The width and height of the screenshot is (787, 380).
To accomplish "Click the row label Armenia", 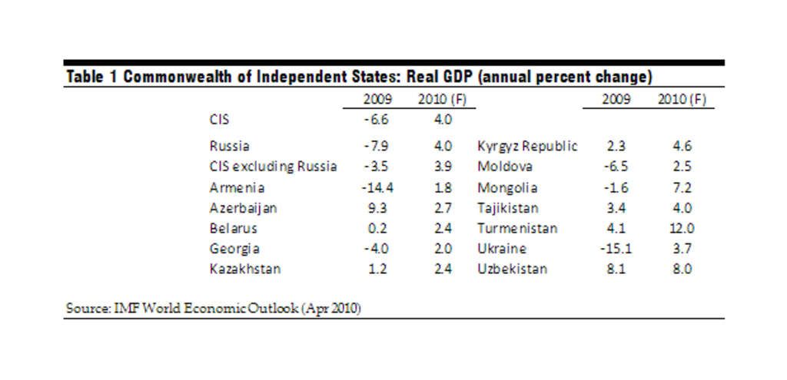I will [237, 187].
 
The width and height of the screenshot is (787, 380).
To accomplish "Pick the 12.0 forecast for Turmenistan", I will [682, 228].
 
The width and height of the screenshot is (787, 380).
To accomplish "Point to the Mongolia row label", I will [507, 187].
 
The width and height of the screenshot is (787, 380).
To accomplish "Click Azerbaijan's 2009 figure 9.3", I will [377, 208].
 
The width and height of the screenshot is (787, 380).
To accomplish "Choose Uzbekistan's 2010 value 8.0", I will [682, 269].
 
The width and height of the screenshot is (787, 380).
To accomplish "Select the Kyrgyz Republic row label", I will [527, 146].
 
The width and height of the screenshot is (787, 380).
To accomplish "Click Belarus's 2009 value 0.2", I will [377, 228].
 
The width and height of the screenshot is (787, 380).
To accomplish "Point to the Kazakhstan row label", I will [244, 269].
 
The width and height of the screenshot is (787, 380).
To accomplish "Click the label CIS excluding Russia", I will [272, 167].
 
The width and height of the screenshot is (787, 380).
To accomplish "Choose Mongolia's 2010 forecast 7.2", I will [682, 187].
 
